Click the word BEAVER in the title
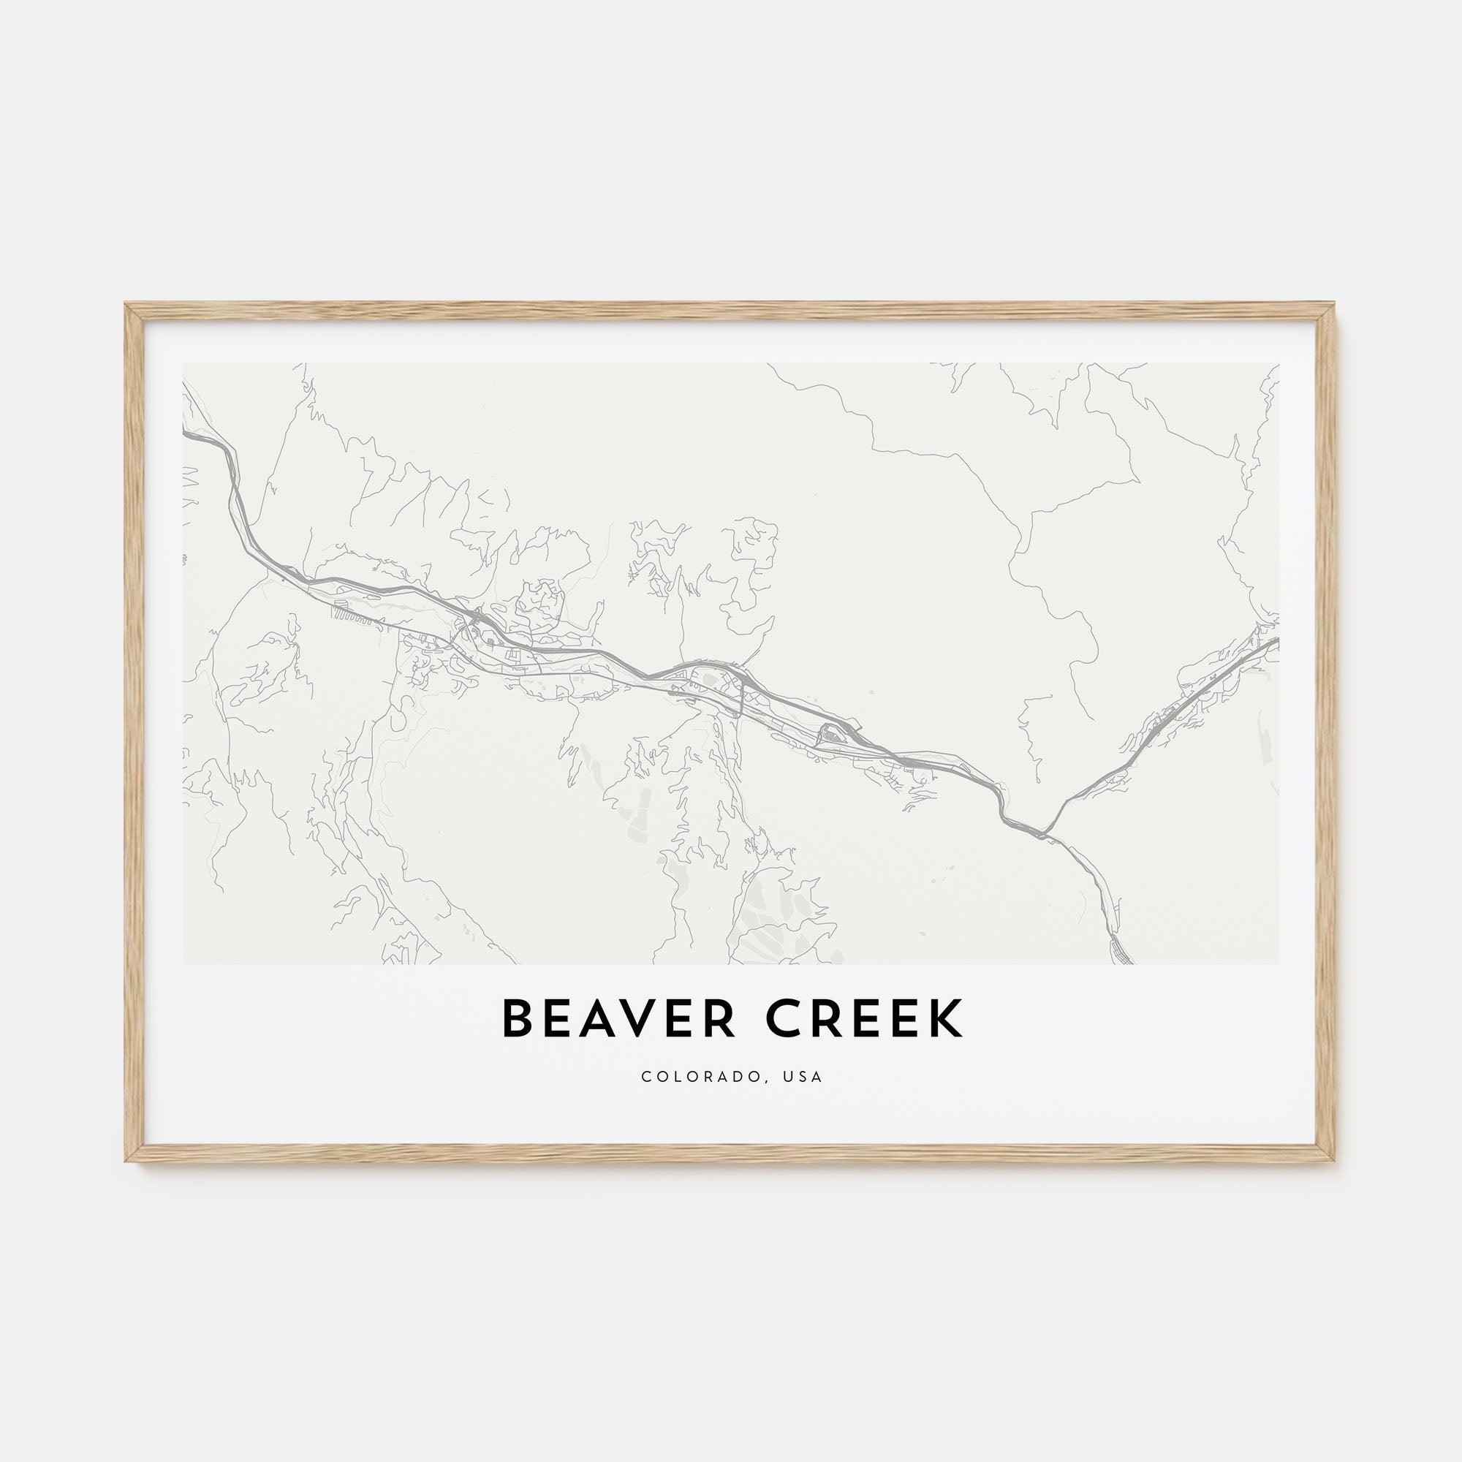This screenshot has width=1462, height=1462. tap(618, 1019)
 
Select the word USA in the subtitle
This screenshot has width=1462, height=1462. tap(803, 1077)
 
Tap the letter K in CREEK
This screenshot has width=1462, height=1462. tap(946, 1019)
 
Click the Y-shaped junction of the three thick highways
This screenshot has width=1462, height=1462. tap(1044, 835)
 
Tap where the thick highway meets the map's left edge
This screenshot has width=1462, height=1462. tap(185, 433)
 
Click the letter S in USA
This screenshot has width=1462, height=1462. tap(803, 1077)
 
